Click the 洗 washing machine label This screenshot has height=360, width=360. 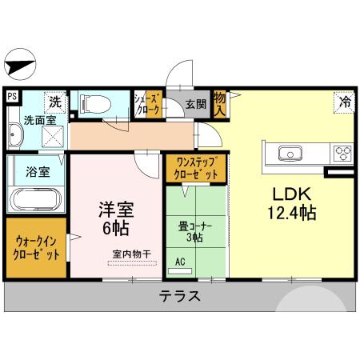click(x=54, y=102)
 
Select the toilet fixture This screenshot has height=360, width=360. click(x=97, y=104)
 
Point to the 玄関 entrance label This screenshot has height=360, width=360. click(x=196, y=103)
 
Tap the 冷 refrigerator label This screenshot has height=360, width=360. click(x=343, y=102)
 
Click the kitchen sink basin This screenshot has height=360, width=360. click(x=288, y=153)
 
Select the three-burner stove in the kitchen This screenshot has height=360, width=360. click(x=342, y=153)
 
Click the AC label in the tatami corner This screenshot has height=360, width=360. click(x=180, y=262)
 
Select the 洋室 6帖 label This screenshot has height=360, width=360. click(x=115, y=218)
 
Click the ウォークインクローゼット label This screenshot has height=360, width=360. click(x=36, y=246)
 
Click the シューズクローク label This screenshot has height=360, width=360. click(x=149, y=103)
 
